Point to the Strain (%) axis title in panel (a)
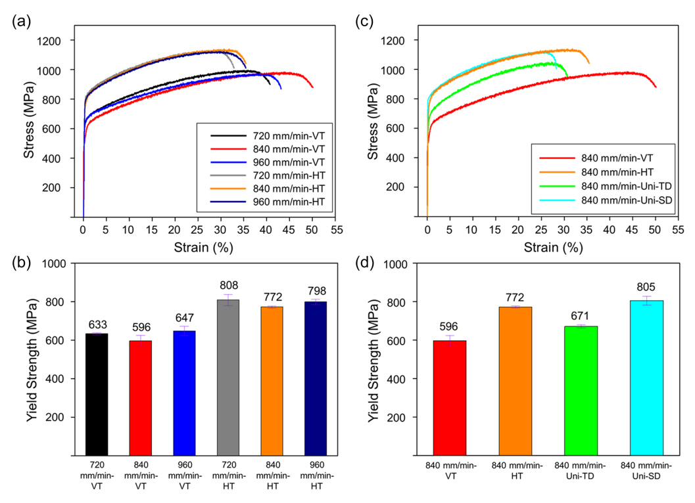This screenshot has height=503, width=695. (x=204, y=248)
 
